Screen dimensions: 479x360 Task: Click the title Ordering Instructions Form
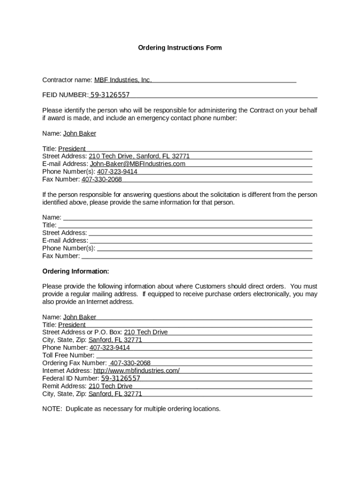[180, 48]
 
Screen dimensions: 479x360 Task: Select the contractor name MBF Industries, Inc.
[123, 80]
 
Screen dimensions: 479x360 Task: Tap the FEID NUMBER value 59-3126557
[110, 95]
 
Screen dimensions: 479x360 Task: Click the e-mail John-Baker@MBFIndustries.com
[137, 164]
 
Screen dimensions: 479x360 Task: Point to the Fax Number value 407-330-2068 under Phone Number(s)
[101, 179]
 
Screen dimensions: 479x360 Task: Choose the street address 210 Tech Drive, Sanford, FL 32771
[139, 156]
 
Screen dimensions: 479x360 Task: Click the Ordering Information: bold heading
[76, 271]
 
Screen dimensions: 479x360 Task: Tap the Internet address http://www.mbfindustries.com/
[137, 370]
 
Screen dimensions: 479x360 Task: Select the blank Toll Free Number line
[204, 356]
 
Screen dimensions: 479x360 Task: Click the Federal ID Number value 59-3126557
[121, 378]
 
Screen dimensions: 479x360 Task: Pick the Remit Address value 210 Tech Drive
[110, 386]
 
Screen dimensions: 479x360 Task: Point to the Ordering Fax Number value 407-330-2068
[130, 363]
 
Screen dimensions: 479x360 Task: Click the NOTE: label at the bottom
[52, 409]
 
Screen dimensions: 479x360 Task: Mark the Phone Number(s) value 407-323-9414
[117, 172]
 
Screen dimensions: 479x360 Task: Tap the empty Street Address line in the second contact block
[200, 233]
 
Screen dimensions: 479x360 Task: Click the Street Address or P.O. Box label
[82, 332]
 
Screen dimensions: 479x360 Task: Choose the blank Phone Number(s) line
[204, 248]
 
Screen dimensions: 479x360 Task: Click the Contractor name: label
[67, 80]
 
